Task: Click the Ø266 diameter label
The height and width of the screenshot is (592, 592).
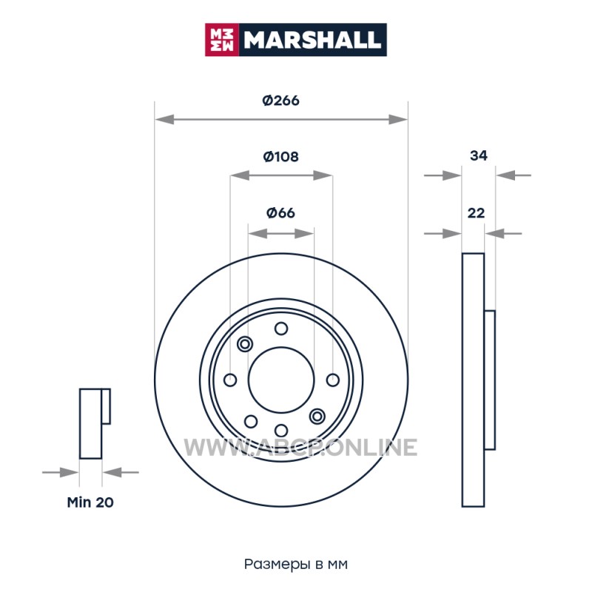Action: click(x=281, y=101)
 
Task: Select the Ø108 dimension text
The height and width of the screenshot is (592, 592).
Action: click(x=281, y=156)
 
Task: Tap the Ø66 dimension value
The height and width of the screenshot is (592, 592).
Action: click(x=281, y=213)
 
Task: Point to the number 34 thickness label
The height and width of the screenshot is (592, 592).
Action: click(x=478, y=155)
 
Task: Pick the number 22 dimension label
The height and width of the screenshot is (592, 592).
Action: click(x=476, y=213)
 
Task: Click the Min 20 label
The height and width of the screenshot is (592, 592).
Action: click(x=90, y=502)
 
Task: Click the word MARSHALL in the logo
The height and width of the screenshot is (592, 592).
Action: click(x=312, y=40)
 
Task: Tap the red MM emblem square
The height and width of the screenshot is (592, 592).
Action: click(x=222, y=40)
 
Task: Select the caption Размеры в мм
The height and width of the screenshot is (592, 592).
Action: click(x=295, y=564)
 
